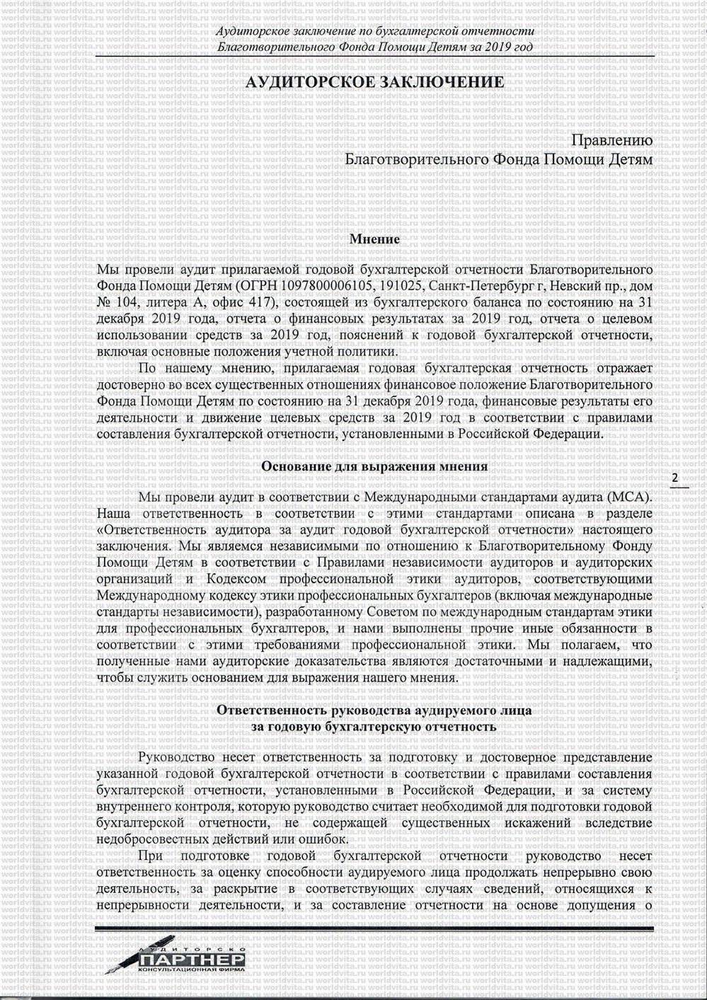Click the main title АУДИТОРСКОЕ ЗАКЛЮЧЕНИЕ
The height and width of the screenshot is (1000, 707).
tap(374, 82)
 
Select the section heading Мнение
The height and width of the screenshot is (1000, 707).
tap(374, 239)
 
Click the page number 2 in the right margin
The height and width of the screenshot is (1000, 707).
tap(674, 478)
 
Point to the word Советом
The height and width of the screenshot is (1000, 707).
tap(392, 611)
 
